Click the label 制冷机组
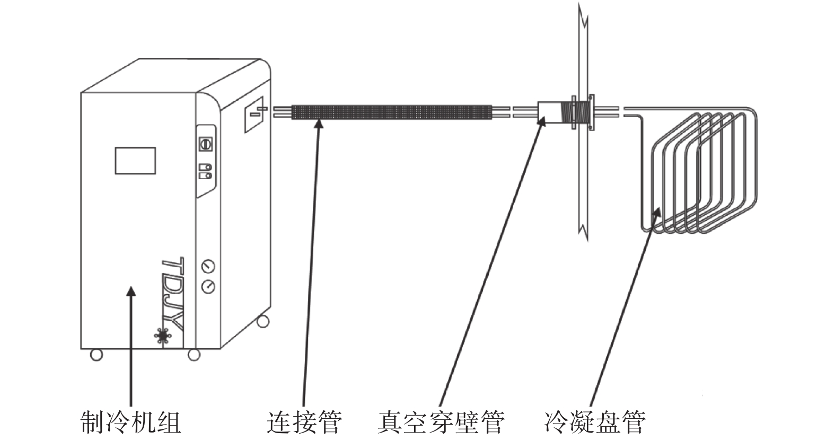click(x=131, y=422)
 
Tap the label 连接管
click(x=304, y=422)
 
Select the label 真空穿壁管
click(x=441, y=422)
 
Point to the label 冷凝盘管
click(x=595, y=422)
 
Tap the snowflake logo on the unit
click(x=163, y=336)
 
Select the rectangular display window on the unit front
click(x=135, y=161)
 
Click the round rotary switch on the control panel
click(x=205, y=144)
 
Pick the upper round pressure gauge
click(x=208, y=266)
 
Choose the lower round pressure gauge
click(x=208, y=287)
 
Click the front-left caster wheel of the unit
click(x=96, y=355)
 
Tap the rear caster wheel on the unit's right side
click(x=263, y=321)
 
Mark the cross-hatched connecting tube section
click(x=391, y=112)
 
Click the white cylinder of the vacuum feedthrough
click(x=549, y=112)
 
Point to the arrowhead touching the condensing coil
click(x=657, y=212)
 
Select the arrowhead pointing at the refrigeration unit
click(x=131, y=291)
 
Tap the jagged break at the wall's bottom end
click(x=583, y=231)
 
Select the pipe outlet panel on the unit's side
click(x=254, y=115)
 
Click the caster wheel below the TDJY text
click(x=194, y=355)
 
